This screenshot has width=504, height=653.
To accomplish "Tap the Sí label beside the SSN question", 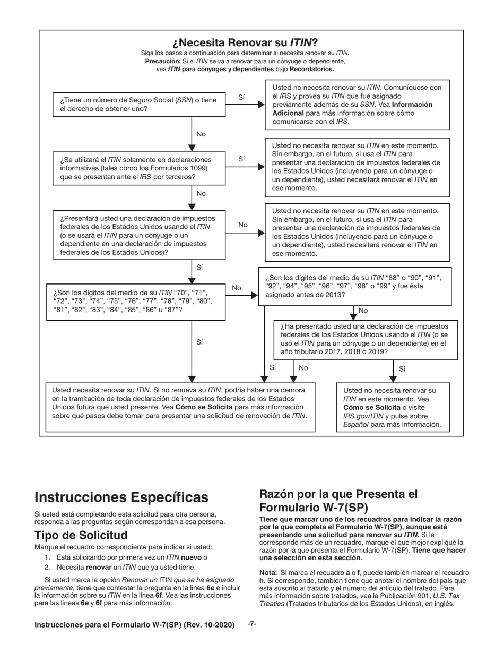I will tap(242, 97).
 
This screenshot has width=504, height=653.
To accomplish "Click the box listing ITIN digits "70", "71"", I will tap(137, 301).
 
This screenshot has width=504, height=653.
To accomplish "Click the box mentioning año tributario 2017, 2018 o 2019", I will tap(365, 339).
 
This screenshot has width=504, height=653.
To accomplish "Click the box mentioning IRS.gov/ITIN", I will tap(393, 407).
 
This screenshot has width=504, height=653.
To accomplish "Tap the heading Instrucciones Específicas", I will tap(121, 497).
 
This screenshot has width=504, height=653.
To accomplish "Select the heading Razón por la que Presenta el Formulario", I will tap(338, 500).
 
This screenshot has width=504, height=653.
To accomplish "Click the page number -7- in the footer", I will tap(252, 624).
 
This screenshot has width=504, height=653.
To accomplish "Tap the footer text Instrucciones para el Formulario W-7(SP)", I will tap(134, 625).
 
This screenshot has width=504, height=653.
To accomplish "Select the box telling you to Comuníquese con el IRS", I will tap(357, 104).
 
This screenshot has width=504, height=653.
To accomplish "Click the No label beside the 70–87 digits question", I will tap(237, 288).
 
